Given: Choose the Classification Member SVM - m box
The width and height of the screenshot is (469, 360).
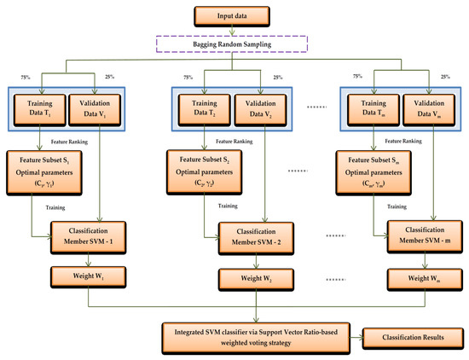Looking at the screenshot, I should pyautogui.click(x=420, y=236).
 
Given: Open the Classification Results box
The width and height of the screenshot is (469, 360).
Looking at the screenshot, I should pyautogui.click(x=412, y=336).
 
